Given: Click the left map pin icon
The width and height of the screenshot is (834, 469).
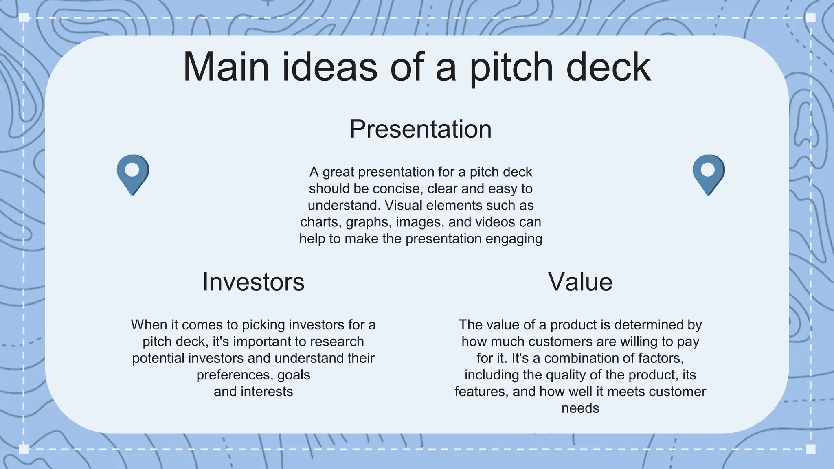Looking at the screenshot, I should click(133, 174).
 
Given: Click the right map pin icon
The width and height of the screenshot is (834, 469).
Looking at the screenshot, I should click(709, 174).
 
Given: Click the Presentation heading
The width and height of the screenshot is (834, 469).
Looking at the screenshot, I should click(421, 129).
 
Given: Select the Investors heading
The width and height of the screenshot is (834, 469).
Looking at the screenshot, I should click(253, 282).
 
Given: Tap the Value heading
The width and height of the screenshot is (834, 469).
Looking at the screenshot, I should click(580, 282).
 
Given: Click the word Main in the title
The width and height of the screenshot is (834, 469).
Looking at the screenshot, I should click(226, 67).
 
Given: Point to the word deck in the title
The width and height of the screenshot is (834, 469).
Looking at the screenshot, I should click(608, 67).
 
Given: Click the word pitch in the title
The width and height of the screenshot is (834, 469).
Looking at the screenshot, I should click(511, 67).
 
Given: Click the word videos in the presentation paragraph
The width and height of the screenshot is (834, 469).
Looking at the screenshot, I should click(495, 222).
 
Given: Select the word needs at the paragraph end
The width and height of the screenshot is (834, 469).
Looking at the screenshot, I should click(580, 408).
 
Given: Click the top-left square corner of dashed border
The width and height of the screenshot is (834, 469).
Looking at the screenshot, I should click(24, 18).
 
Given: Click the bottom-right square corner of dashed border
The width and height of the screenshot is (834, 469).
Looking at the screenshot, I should click(810, 449).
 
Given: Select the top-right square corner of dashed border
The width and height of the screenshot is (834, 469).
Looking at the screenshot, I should click(810, 18).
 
